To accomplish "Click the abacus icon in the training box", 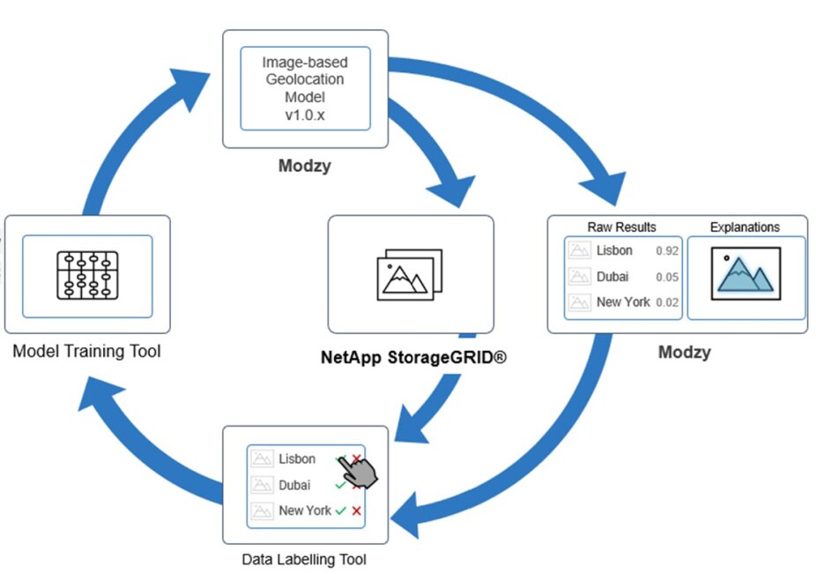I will (x=86, y=276).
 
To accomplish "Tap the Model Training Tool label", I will (x=86, y=352).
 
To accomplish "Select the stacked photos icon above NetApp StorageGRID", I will (x=410, y=274).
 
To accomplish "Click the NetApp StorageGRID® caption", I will (x=412, y=358).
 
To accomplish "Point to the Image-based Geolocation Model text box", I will (x=305, y=88).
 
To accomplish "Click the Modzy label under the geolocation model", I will (x=305, y=165).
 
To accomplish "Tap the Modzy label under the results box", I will (x=684, y=353).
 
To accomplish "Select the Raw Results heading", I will (x=621, y=227).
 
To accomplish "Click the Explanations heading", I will (x=745, y=227).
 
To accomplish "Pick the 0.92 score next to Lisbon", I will (x=667, y=251).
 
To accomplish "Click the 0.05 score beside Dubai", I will (x=667, y=277).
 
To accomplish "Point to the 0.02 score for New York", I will (x=667, y=302).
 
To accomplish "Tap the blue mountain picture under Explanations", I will (x=746, y=277).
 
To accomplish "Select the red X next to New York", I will (x=356, y=511).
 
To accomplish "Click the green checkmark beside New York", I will (x=340, y=511).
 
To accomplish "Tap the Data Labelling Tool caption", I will (x=304, y=559).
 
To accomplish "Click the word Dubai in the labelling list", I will (x=294, y=485).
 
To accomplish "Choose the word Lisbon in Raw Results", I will (x=614, y=250).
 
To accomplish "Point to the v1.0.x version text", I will (x=305, y=115).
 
